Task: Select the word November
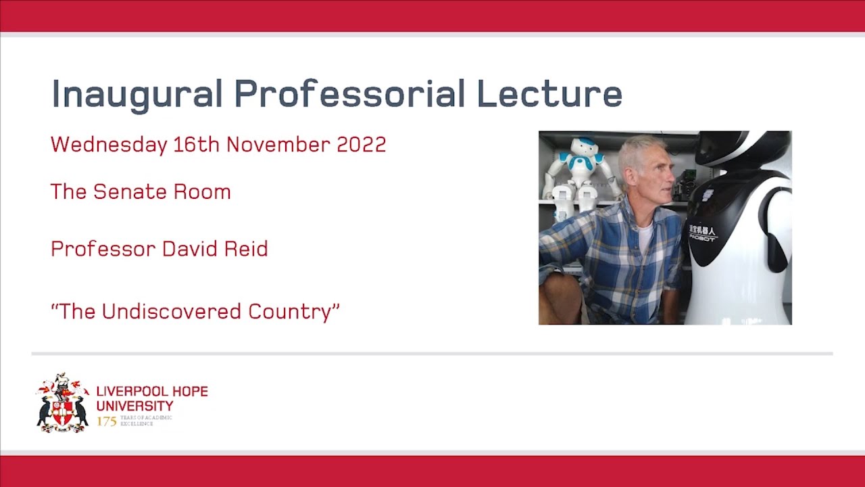[x=273, y=145]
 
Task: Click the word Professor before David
[x=101, y=249]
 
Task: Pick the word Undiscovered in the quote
[x=172, y=312]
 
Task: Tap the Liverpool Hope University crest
[x=62, y=402]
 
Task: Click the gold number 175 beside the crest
[x=107, y=421]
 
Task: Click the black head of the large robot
[x=737, y=149]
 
